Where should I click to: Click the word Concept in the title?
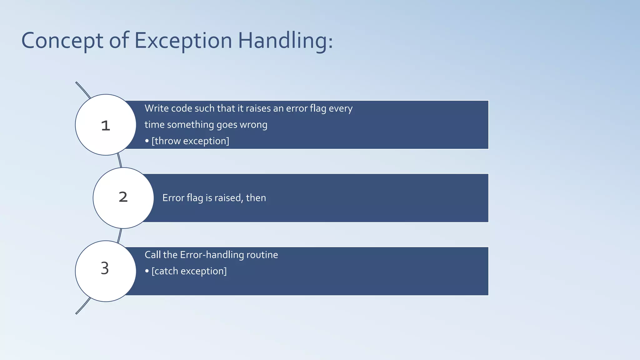[62, 41]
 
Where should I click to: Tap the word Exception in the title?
[183, 41]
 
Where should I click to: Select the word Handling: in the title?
[285, 41]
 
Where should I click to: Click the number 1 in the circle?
[106, 126]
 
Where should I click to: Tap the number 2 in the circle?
[123, 197]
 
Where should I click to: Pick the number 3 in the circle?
[105, 268]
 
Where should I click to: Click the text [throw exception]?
[190, 141]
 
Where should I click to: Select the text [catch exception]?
[189, 271]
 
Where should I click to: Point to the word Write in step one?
[157, 108]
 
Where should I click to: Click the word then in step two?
[256, 198]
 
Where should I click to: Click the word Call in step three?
[152, 255]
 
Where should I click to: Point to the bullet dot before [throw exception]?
[147, 141]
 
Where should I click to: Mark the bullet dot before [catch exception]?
[147, 271]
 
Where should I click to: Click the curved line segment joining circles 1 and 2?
[119, 161]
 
